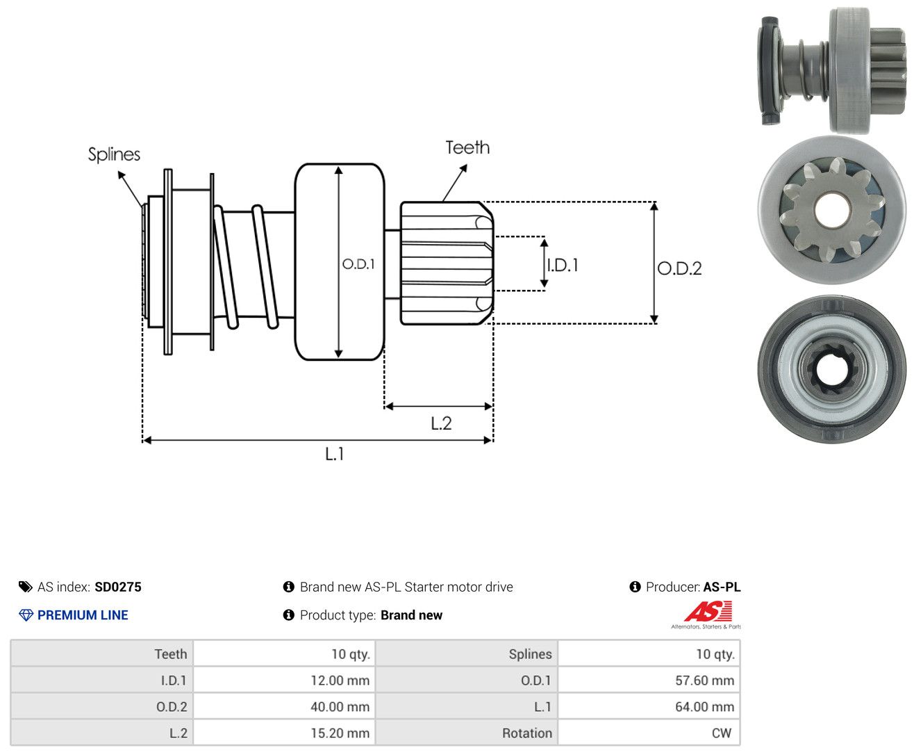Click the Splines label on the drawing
(114, 154)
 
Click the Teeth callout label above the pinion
(467, 147)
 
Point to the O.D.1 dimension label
(358, 263)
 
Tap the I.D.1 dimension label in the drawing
(563, 265)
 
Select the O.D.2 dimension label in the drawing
(679, 268)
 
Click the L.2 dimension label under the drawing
(441, 423)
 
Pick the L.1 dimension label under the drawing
(335, 453)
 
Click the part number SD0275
(118, 587)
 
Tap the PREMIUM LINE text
(83, 615)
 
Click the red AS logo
(708, 611)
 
